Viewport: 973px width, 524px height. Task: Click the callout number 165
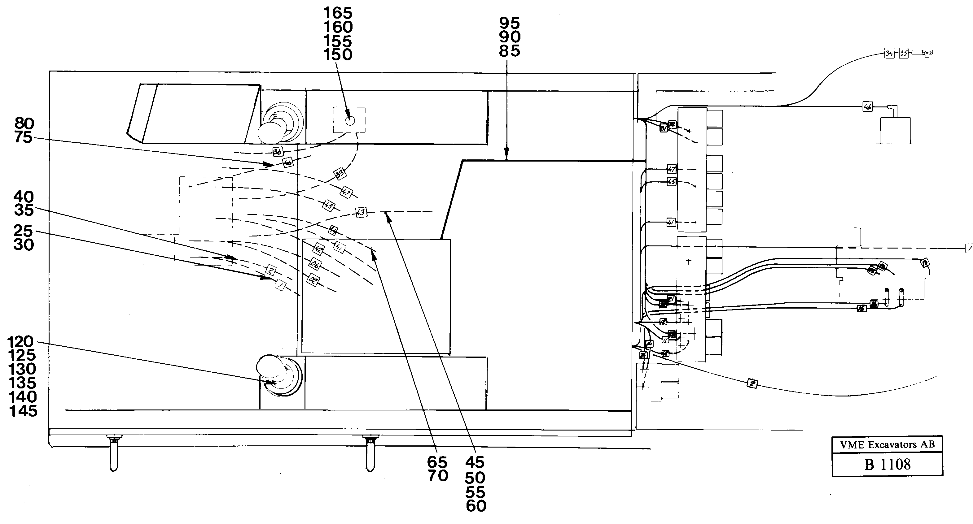tap(338, 13)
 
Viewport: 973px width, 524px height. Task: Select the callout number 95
tap(510, 24)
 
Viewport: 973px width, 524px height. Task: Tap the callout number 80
tap(24, 124)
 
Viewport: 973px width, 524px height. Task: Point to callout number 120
tap(21, 342)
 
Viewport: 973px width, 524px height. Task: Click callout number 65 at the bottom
tap(437, 462)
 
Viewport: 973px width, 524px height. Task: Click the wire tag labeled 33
tap(340, 174)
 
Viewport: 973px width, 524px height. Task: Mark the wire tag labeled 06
tap(315, 265)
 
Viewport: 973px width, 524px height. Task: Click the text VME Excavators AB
tap(887, 445)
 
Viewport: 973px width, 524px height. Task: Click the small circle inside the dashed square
tap(350, 121)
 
